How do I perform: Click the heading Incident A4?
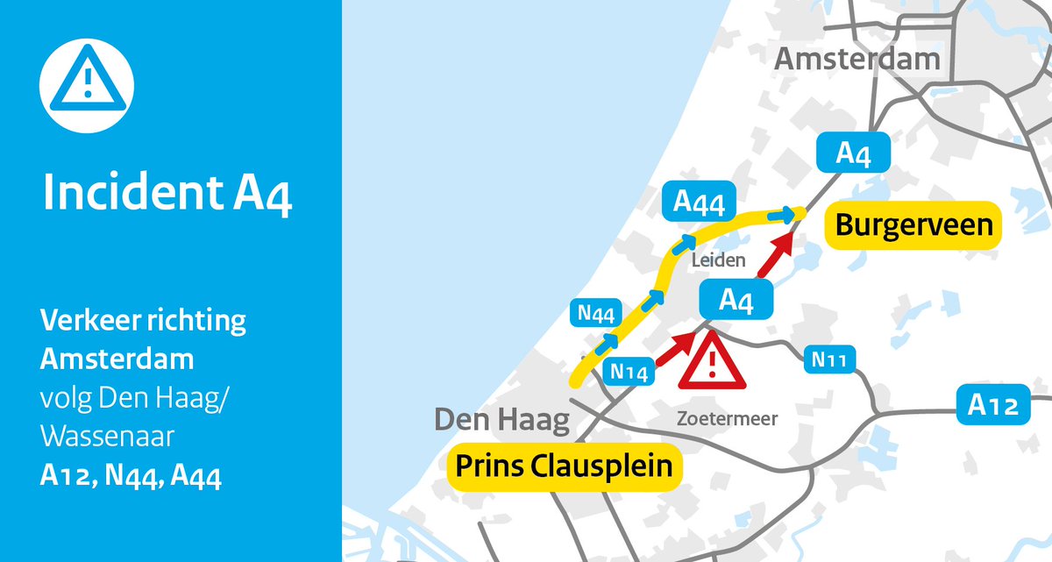coord(167,195)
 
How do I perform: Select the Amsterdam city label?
coord(857,60)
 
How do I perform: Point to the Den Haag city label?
coord(501,420)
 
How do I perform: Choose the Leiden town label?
coord(717,260)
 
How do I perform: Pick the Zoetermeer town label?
coord(727,419)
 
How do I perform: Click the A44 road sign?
coord(699,203)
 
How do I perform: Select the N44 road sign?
coord(596,312)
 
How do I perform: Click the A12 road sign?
coord(993,406)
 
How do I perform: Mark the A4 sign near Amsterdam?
coord(853,153)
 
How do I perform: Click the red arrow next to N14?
coord(674,348)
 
